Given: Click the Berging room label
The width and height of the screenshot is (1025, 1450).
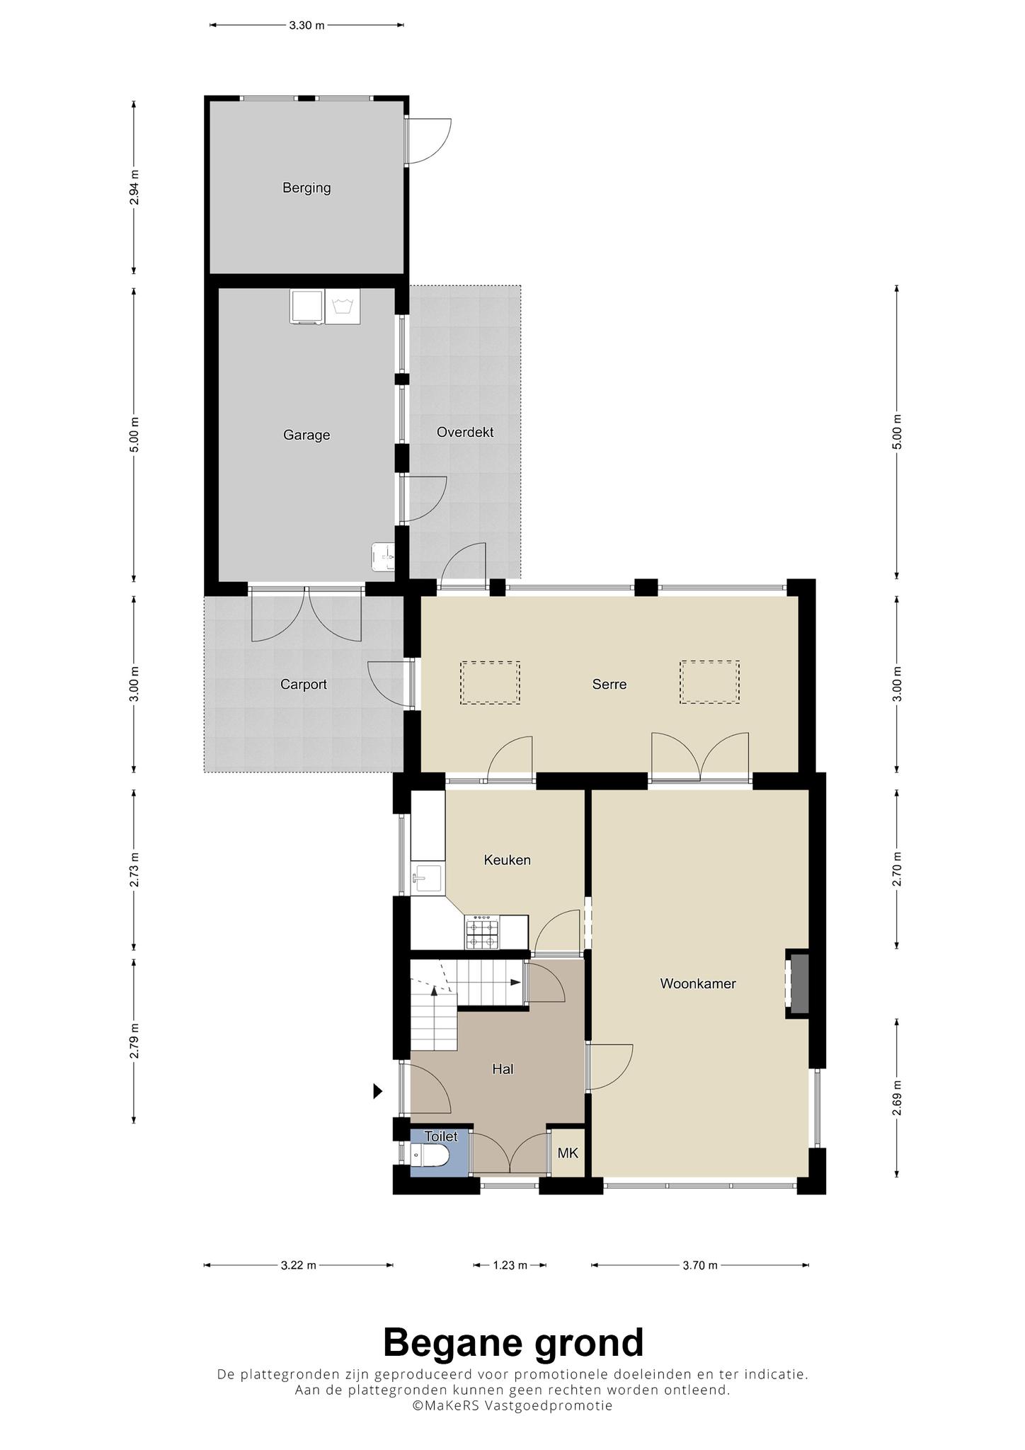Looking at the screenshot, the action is click(307, 188).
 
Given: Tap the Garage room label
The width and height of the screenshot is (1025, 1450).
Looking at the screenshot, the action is click(307, 435).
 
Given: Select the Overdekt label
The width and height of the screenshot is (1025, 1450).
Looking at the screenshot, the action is click(465, 432).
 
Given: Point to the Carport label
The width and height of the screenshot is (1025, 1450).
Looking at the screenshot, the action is click(304, 685).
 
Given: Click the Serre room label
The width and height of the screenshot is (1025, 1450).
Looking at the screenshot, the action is click(609, 685).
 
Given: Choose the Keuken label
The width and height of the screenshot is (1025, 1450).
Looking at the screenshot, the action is click(508, 860).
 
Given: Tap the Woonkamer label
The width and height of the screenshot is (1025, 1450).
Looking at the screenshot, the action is click(698, 983).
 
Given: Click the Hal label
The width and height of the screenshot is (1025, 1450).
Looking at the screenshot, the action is click(503, 1069).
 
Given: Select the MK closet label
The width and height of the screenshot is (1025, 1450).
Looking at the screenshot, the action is click(568, 1153).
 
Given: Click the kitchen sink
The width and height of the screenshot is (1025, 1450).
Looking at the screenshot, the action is click(427, 878).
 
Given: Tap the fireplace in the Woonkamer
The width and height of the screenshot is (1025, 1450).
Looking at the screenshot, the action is click(798, 984).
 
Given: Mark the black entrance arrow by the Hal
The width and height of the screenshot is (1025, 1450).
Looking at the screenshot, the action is click(378, 1092).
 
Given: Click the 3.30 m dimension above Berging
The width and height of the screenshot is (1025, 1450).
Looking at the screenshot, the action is click(307, 25).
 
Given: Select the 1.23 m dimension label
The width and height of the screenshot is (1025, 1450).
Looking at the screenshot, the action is click(510, 1265).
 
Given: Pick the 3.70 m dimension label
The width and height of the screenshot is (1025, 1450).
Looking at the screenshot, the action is click(700, 1265).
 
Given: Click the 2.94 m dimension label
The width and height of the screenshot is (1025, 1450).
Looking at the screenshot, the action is click(134, 188).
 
